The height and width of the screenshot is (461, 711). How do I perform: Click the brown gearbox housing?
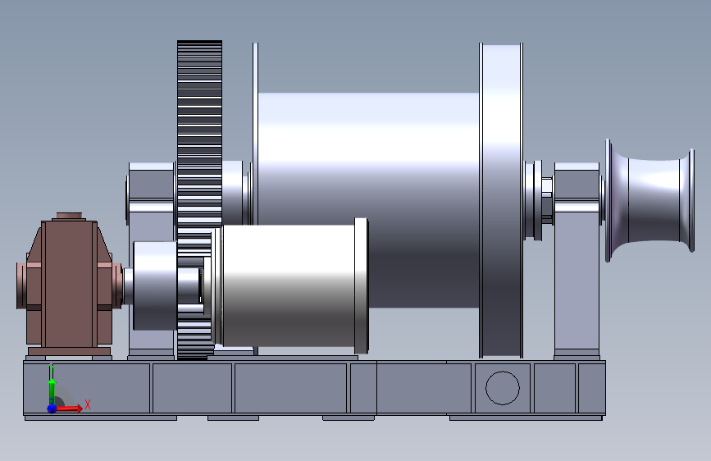(69, 284)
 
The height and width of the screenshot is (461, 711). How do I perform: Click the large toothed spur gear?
(199, 199)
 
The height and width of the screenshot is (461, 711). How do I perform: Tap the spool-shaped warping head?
(649, 200)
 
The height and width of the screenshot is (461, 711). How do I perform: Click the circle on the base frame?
(503, 388)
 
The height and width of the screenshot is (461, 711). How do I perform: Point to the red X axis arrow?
(69, 409)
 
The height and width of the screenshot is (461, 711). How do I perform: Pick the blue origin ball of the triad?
(52, 409)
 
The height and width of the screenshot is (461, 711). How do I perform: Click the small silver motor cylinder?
(290, 285)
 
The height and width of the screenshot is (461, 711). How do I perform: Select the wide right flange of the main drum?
(501, 200)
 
